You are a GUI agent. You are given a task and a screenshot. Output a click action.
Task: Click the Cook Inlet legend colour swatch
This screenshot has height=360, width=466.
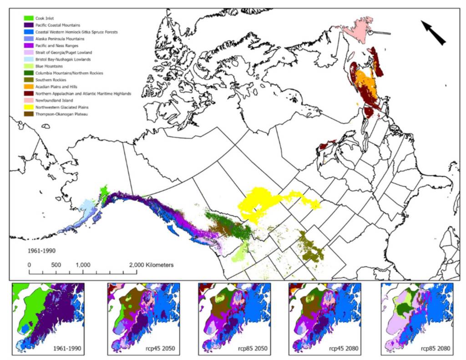pyautogui.click(x=29, y=18)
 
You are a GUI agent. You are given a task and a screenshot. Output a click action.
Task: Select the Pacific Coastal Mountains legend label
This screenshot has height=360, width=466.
pyautogui.click(x=58, y=25)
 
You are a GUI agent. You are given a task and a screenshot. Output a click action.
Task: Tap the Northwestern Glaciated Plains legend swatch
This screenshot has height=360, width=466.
pyautogui.click(x=29, y=107)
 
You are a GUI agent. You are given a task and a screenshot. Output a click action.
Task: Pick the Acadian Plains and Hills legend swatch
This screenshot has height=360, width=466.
pyautogui.click(x=29, y=86)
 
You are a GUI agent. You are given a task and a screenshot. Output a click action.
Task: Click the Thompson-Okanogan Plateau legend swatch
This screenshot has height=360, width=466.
pyautogui.click(x=29, y=114)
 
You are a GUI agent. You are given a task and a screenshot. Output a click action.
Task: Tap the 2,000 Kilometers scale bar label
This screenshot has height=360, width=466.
pyautogui.click(x=151, y=264)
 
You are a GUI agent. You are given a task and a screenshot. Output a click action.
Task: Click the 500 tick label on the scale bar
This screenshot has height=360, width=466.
pyautogui.click(x=56, y=264)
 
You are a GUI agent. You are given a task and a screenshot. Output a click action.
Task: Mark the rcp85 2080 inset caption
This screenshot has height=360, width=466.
pyautogui.click(x=433, y=349)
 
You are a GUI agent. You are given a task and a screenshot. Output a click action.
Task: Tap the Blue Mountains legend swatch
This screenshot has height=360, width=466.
pyautogui.click(x=29, y=66)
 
